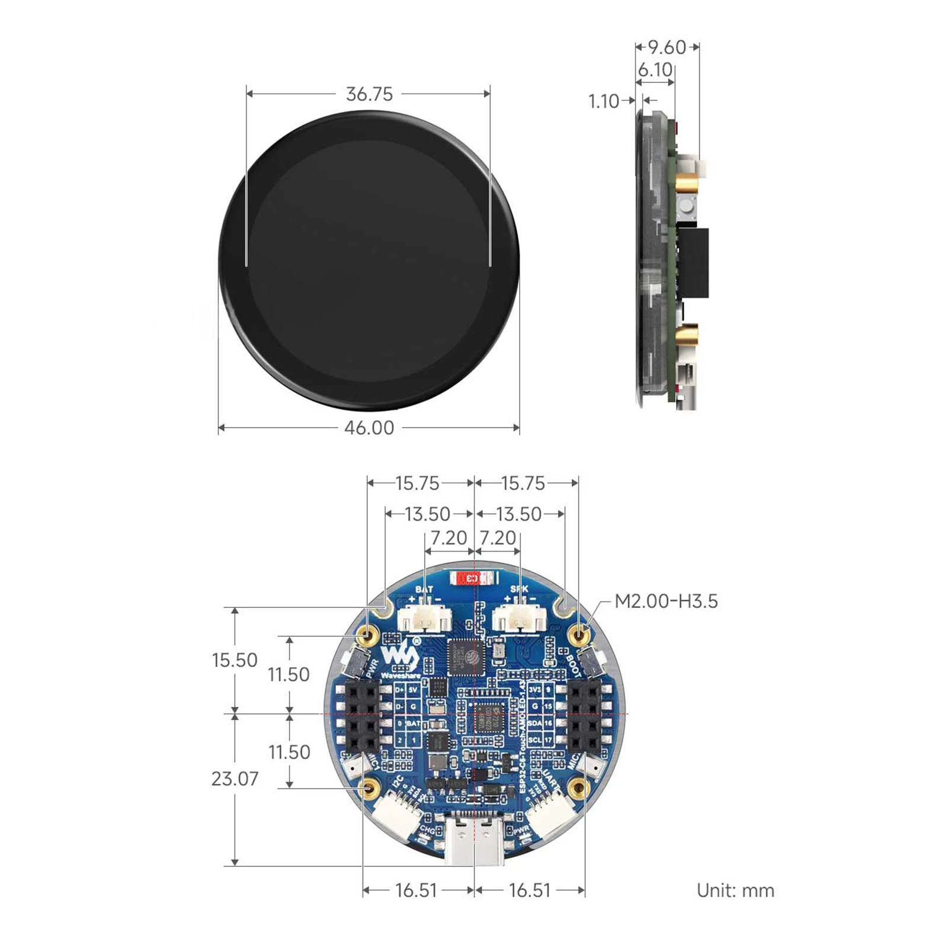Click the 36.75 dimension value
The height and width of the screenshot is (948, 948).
click(x=369, y=94)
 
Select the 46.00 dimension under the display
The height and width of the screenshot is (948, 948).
click(x=369, y=428)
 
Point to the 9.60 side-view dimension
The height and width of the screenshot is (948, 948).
click(x=667, y=47)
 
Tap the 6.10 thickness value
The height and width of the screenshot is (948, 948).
click(x=655, y=70)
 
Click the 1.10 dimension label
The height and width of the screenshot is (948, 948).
click(x=603, y=101)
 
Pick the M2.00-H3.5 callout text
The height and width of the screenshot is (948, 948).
click(x=666, y=601)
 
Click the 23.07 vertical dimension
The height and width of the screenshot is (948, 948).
click(x=235, y=779)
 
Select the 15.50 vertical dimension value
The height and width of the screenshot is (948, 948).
click(x=235, y=660)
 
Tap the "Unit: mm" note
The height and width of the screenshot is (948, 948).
click(x=735, y=891)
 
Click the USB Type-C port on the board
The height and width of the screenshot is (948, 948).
click(x=475, y=840)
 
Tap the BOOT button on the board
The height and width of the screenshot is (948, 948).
click(x=591, y=662)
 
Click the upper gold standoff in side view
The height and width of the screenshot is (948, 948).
click(x=687, y=183)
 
